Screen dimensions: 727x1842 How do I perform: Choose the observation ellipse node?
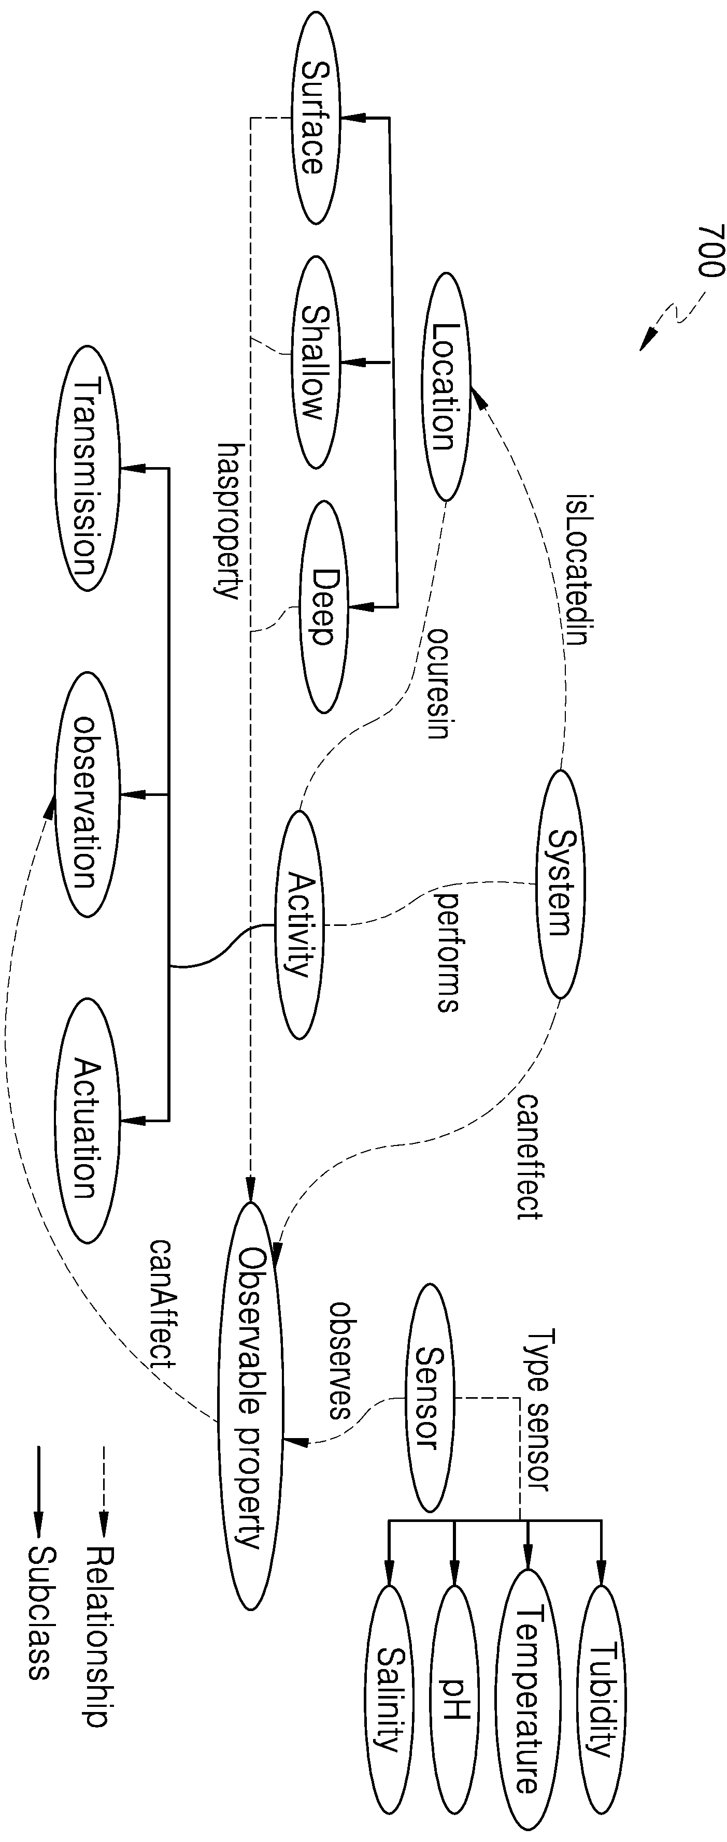88,794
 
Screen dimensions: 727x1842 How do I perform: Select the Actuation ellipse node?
89,1121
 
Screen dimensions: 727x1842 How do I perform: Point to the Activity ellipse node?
301,924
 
